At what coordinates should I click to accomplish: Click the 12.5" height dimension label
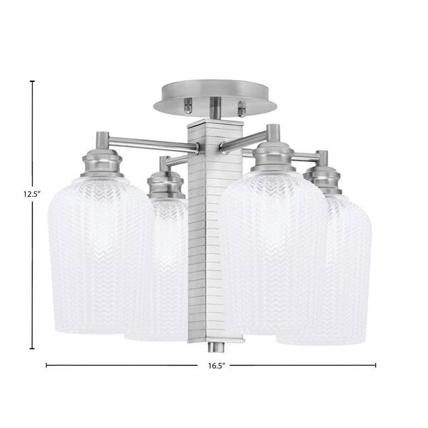tap(31, 194)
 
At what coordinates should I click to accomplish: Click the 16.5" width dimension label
tap(216, 366)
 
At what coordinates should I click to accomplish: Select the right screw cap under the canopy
tap(241, 108)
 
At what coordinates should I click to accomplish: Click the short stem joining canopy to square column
tap(215, 108)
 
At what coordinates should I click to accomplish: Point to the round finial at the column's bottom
tap(216, 347)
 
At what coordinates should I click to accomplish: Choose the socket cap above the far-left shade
tap(102, 163)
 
